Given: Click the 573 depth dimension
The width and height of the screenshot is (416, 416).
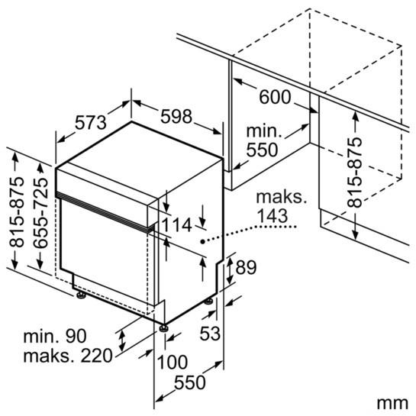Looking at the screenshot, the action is coord(91,123).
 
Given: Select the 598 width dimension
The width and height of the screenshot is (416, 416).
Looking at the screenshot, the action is coord(176,116).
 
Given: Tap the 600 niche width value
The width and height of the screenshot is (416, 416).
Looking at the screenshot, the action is coord(275,97).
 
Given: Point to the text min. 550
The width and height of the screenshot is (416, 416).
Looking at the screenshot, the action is coord(263,140).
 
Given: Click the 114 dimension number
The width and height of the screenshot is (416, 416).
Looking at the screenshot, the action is coord(176,225).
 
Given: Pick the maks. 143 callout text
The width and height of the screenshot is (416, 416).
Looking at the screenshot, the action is coord(281,206).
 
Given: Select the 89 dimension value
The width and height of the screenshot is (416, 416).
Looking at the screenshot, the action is coord(246,267).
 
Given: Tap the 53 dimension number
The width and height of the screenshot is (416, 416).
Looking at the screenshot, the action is coord(210,333).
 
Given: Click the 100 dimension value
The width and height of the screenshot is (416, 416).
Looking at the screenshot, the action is coord(173,362).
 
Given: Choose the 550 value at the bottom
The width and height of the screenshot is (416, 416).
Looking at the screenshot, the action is coord(190,382).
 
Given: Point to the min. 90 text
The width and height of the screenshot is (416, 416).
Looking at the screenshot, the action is coord(55,336).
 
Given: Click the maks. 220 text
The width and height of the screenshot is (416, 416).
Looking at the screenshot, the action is coord(68,356).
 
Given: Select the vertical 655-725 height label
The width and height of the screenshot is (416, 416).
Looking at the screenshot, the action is coord(41,213).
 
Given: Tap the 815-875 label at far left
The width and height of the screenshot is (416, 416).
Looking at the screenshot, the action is coord(17,212).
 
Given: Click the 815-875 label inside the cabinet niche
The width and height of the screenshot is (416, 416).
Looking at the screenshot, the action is coord(355,172).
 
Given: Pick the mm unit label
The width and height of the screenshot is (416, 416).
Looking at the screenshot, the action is coord(392,404).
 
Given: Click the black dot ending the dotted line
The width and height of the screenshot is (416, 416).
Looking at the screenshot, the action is coord(203,241).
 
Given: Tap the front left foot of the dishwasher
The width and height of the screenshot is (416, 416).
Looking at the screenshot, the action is coord(81,295).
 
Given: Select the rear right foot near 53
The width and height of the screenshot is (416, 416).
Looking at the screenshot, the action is coord(208,302).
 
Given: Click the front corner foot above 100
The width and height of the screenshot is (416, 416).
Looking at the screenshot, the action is coord(163,328).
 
